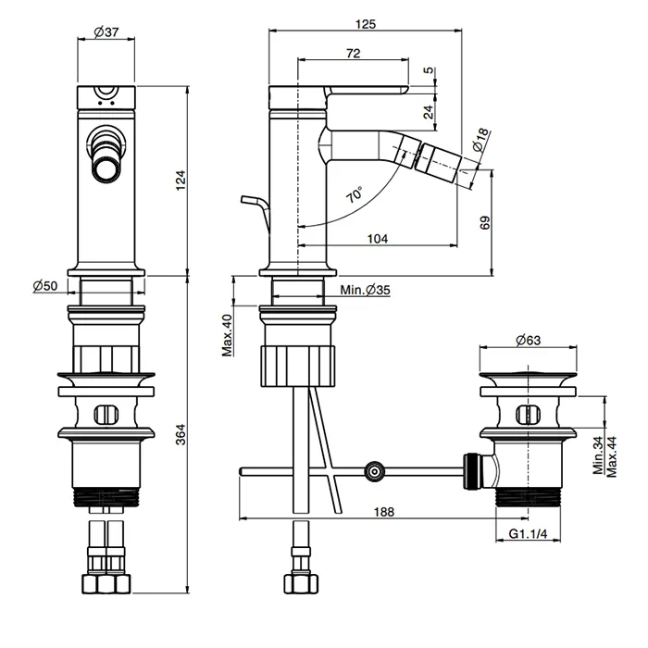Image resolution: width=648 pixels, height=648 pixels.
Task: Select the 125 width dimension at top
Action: (365, 24)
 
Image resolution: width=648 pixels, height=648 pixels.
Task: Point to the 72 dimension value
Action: (353, 54)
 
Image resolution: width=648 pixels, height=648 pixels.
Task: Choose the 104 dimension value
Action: (377, 238)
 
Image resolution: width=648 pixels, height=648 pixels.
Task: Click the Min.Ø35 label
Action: (365, 290)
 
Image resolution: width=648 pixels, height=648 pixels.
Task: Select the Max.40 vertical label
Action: (227, 334)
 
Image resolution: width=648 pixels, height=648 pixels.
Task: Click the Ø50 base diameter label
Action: (45, 286)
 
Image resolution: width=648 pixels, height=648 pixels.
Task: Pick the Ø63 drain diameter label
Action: (527, 340)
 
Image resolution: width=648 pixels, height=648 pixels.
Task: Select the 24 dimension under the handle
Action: (427, 111)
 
